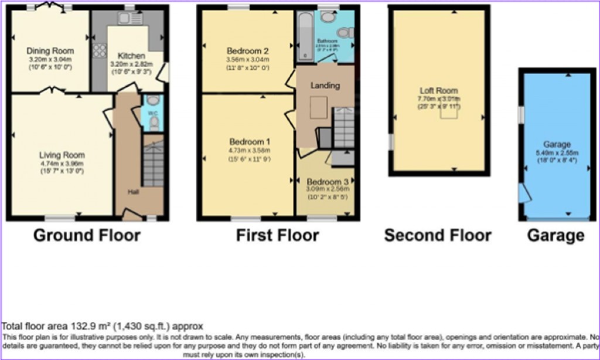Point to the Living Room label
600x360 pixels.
pyautogui.click(x=62, y=155)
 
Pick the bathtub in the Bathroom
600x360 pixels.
pyautogui.click(x=304, y=36)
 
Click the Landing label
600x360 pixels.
pyautogui.click(x=325, y=86)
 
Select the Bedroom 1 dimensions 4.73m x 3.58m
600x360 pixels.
pyautogui.click(x=250, y=151)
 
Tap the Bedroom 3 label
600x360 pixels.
pyautogui.click(x=326, y=181)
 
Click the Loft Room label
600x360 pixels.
pyautogui.click(x=438, y=90)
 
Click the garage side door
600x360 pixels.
pyautogui.click(x=524, y=193)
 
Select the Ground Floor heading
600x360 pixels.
pyautogui.click(x=86, y=236)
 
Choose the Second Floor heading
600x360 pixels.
pyautogui.click(x=437, y=236)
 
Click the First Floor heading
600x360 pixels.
pyautogui.click(x=277, y=236)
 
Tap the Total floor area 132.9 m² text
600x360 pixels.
pyautogui.click(x=103, y=326)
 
